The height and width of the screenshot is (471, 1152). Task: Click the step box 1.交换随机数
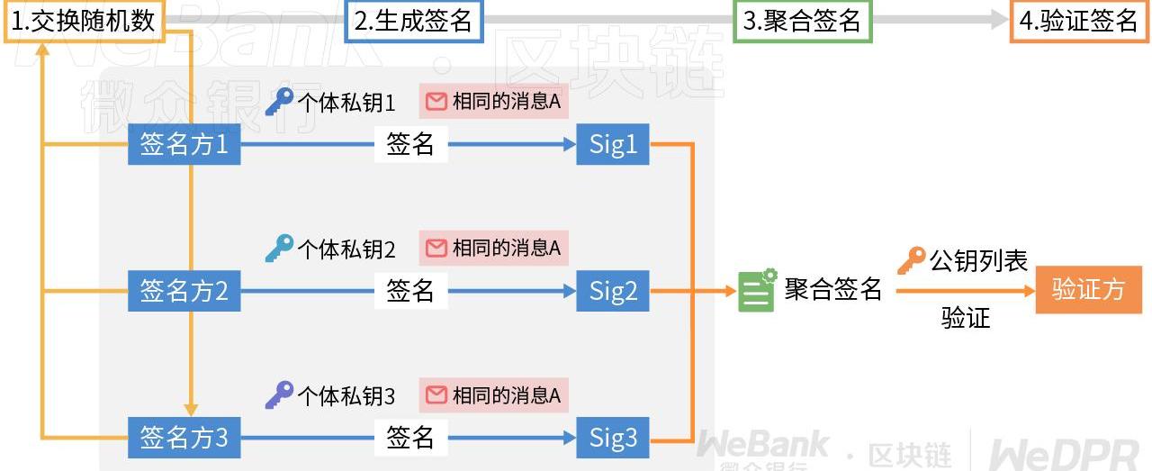point(84,22)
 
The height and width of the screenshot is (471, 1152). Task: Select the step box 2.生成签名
point(414,22)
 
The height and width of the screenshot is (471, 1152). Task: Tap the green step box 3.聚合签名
point(803,22)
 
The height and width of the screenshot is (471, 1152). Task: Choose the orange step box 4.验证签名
point(1078,22)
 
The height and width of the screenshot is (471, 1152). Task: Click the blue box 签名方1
point(184,144)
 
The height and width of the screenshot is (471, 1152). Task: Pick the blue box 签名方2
point(184,291)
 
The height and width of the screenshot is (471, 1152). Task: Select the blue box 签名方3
point(184,438)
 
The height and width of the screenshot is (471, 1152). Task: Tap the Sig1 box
point(613,144)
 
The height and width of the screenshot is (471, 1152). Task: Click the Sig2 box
point(613,291)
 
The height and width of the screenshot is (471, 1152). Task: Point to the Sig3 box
point(613,438)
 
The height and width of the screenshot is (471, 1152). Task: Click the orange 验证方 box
point(1088,290)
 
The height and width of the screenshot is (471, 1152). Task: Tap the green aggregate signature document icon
point(757,290)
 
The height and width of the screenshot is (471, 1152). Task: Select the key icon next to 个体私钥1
point(279,102)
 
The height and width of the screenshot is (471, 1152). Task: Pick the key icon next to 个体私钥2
point(279,248)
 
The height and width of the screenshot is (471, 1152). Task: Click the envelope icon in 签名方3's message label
point(436,394)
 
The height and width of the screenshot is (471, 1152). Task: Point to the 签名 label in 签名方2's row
point(410,291)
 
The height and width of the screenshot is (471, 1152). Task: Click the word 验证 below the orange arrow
point(966,318)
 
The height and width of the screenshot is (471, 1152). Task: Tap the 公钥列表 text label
point(978,261)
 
